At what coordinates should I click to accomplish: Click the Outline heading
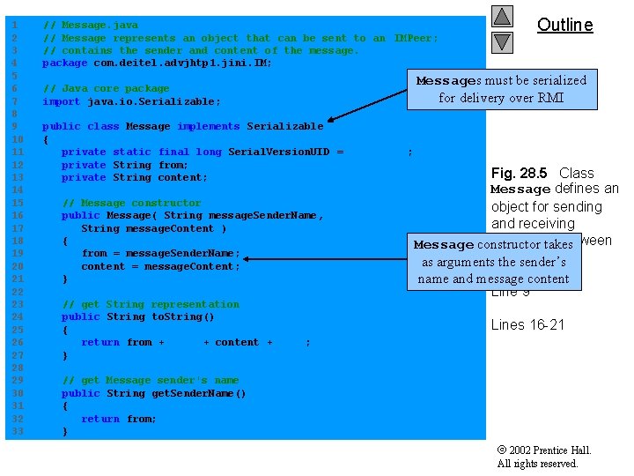(x=564, y=26)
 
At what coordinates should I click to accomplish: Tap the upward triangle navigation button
(x=501, y=17)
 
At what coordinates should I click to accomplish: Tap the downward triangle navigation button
(x=501, y=41)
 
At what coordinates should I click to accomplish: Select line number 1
(x=14, y=26)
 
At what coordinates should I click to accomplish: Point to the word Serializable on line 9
(x=284, y=127)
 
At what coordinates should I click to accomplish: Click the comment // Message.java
(x=90, y=26)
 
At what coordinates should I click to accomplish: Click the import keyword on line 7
(x=62, y=101)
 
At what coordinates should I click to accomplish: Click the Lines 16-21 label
(x=527, y=324)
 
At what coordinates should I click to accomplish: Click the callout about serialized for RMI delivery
(x=501, y=89)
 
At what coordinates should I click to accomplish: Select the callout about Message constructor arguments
(x=493, y=261)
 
